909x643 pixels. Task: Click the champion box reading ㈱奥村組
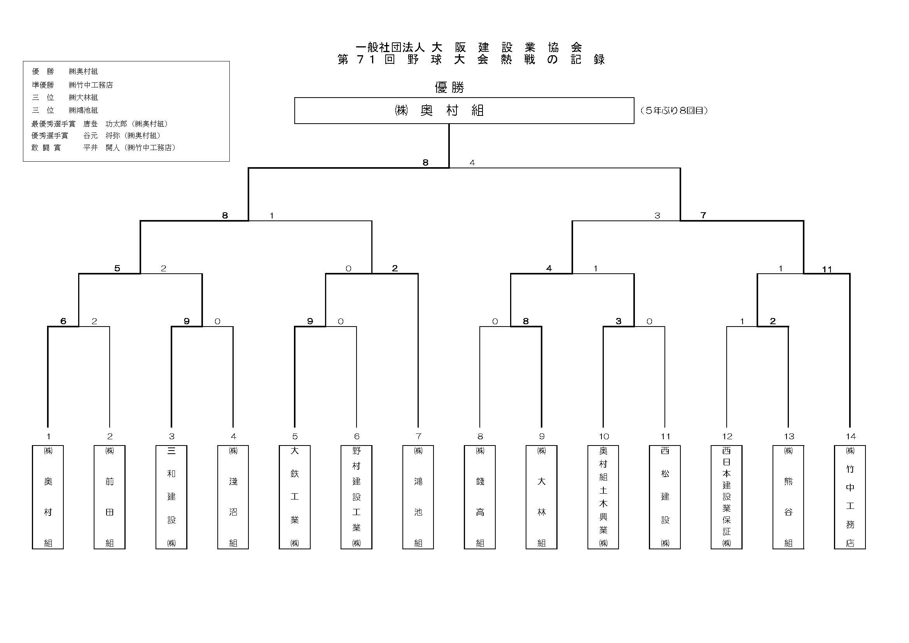[x=463, y=110]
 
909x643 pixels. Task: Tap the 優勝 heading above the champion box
[x=449, y=87]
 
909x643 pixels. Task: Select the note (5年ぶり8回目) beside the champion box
[x=674, y=111]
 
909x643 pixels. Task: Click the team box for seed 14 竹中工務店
[x=850, y=497]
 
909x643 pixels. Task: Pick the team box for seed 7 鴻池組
[x=418, y=497]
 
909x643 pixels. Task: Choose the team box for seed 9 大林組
[x=541, y=497]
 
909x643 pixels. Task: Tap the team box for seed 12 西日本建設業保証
[x=726, y=497]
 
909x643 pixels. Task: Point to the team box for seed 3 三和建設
[x=171, y=497]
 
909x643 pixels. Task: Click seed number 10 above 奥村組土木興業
[x=603, y=436]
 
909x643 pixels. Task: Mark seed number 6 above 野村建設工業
[x=356, y=436]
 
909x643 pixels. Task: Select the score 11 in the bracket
[x=827, y=270]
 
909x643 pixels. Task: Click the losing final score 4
[x=472, y=163]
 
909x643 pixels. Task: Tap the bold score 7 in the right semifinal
[x=703, y=215]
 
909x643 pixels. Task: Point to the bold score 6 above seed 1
[x=63, y=321]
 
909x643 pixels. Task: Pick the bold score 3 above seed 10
[x=619, y=321]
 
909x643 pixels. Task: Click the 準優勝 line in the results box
[x=72, y=85]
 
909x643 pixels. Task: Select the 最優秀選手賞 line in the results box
[x=100, y=124]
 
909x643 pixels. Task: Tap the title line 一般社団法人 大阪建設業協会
[x=469, y=47]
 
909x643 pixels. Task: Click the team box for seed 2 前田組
[x=110, y=497]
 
